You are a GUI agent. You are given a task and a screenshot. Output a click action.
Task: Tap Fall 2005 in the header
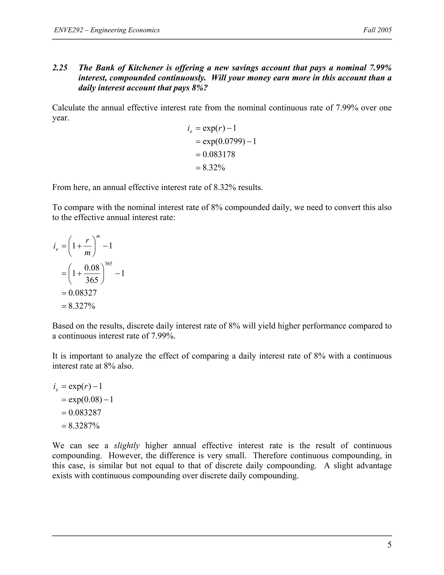[377, 30]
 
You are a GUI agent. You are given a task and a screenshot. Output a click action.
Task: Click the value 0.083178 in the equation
[219, 154]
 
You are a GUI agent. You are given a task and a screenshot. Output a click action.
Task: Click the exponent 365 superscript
[108, 264]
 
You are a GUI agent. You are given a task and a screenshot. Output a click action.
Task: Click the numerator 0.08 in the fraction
[92, 268]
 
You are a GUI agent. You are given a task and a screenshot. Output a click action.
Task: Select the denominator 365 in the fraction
[92, 280]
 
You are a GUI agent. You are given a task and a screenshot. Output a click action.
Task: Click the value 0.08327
[83, 293]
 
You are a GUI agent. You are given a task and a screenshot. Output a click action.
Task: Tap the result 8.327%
[82, 306]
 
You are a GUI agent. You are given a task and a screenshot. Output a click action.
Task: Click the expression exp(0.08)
[85, 400]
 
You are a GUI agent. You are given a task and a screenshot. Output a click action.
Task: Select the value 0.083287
[85, 412]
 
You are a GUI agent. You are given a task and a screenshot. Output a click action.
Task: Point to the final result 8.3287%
[84, 426]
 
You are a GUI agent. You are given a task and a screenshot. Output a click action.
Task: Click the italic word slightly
[127, 446]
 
